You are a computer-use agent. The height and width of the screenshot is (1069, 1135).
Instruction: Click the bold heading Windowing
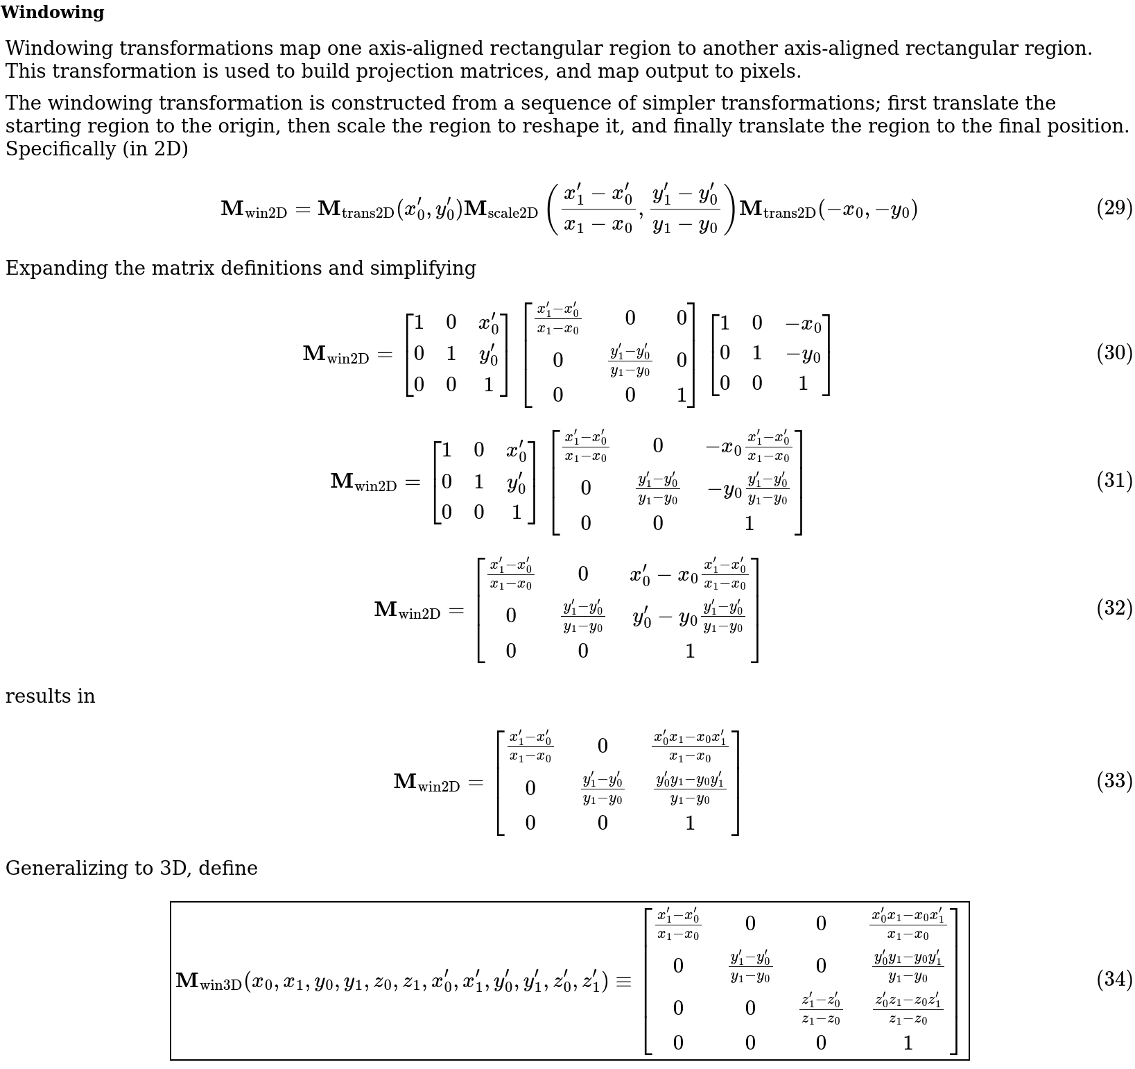53,12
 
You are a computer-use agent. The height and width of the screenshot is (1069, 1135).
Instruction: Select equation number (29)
1114,208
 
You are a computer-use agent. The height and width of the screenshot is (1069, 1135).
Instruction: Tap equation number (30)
1114,353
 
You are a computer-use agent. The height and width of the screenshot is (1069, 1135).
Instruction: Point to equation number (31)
1114,481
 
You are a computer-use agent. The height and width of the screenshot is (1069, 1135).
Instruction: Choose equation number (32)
1114,608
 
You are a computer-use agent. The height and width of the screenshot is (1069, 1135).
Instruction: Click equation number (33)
1114,781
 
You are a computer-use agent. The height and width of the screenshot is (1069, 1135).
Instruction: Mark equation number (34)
1114,980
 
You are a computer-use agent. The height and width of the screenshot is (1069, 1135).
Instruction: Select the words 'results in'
50,696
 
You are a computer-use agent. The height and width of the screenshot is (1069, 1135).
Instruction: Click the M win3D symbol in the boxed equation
208,982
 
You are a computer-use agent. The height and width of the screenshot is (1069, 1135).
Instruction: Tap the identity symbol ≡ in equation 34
623,982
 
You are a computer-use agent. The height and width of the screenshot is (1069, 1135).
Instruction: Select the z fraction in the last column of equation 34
908,1009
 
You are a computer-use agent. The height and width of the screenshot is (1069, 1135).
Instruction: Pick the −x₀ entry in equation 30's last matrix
803,324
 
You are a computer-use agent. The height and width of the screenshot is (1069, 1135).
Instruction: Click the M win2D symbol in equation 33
426,782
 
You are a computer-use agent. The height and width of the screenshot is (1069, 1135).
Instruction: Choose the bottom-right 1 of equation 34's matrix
908,1043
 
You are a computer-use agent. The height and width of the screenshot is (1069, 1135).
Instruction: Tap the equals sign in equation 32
456,610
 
